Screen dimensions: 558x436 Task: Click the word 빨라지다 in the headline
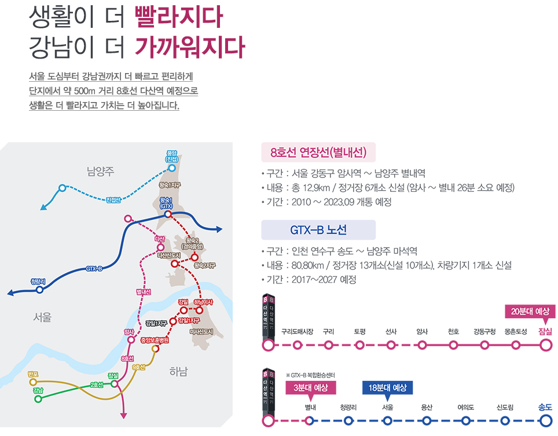pyautogui.click(x=178, y=19)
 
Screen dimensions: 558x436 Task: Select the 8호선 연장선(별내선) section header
pyautogui.click(x=319, y=153)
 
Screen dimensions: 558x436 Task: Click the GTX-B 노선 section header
pyautogui.click(x=318, y=230)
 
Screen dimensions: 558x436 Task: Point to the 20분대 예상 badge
pyautogui.click(x=530, y=311)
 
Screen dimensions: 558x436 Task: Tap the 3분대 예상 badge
pyautogui.click(x=311, y=388)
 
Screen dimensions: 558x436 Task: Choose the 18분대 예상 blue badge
pyautogui.click(x=387, y=388)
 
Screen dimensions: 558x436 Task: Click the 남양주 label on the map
pyautogui.click(x=101, y=171)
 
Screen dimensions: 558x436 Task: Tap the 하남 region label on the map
pyautogui.click(x=179, y=372)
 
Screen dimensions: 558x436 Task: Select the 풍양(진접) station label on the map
pyautogui.click(x=171, y=157)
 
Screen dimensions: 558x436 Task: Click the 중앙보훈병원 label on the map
pyautogui.click(x=154, y=340)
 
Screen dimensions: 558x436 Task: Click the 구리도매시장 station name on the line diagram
pyautogui.click(x=297, y=332)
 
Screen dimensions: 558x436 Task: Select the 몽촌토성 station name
pyautogui.click(x=515, y=332)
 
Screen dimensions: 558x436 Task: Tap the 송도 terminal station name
pyautogui.click(x=545, y=407)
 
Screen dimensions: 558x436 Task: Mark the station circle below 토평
pyautogui.click(x=360, y=346)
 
